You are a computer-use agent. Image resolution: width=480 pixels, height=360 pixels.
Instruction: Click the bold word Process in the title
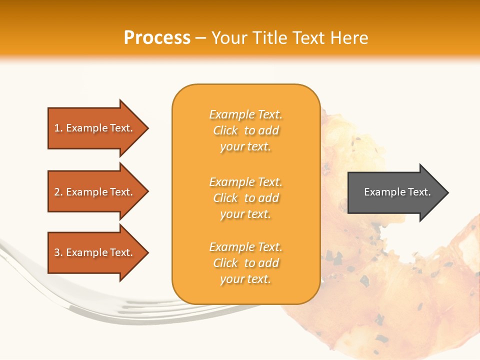(x=157, y=38)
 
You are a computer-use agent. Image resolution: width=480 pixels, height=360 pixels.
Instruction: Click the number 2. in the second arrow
(x=58, y=192)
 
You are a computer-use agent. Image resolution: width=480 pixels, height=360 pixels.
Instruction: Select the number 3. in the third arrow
(x=58, y=252)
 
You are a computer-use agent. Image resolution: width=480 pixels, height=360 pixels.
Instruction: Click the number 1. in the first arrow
(x=58, y=128)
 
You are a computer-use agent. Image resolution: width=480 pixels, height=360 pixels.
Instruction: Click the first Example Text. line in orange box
(x=245, y=114)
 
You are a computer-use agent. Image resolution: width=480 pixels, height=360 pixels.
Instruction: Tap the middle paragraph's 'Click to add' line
(x=245, y=198)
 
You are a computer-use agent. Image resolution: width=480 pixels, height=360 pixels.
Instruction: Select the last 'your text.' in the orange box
(x=245, y=279)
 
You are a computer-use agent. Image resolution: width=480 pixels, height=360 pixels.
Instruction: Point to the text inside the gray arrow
(x=397, y=192)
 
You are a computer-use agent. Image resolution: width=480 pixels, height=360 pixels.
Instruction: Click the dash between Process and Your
(x=200, y=38)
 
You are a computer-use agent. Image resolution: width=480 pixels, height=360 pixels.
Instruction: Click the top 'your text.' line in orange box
(x=245, y=146)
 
